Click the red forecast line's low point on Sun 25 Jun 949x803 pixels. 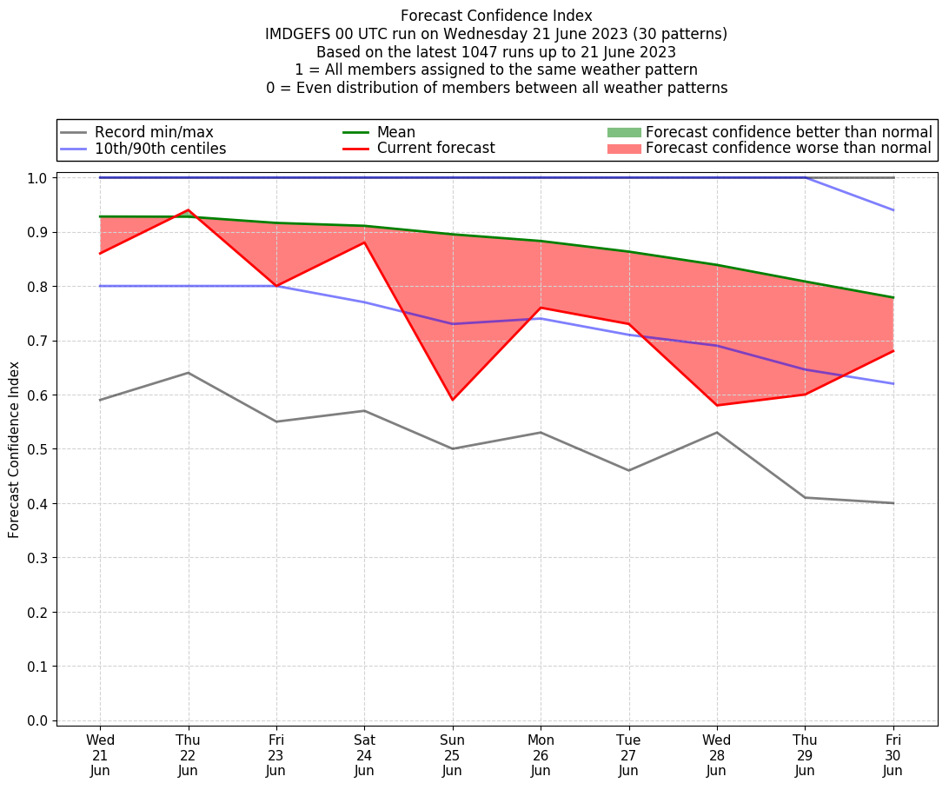(452, 400)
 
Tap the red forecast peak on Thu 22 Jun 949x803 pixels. (188, 210)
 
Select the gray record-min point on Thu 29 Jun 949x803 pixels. (805, 497)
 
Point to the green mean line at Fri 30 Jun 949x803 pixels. (893, 297)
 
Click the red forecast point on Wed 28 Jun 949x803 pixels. (716, 405)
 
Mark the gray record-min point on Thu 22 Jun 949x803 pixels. (188, 373)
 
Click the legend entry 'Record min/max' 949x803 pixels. (154, 132)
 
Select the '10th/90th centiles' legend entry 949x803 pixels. (160, 149)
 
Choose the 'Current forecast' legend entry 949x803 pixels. (435, 149)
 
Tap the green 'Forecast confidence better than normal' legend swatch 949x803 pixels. (623, 132)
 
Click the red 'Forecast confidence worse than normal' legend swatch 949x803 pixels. (623, 149)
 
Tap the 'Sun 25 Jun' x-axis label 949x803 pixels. (452, 754)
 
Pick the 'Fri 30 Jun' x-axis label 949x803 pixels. (893, 754)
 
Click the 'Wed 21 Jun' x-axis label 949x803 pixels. (100, 754)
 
